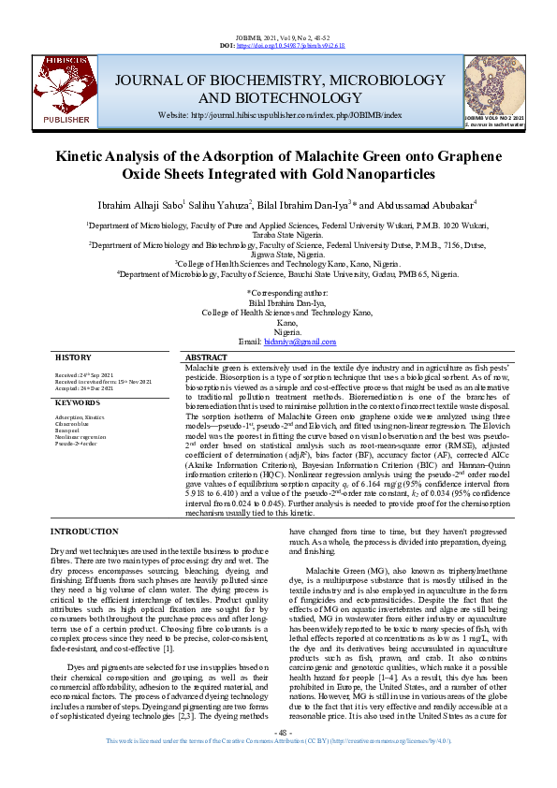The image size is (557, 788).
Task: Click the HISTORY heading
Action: tap(73, 358)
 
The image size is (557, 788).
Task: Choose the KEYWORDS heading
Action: tap(78, 402)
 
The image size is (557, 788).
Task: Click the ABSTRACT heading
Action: tap(206, 358)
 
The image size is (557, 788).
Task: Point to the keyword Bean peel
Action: tap(67, 430)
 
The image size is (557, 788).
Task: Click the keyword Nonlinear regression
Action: tap(80, 436)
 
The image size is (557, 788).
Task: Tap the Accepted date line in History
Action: tap(85, 387)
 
